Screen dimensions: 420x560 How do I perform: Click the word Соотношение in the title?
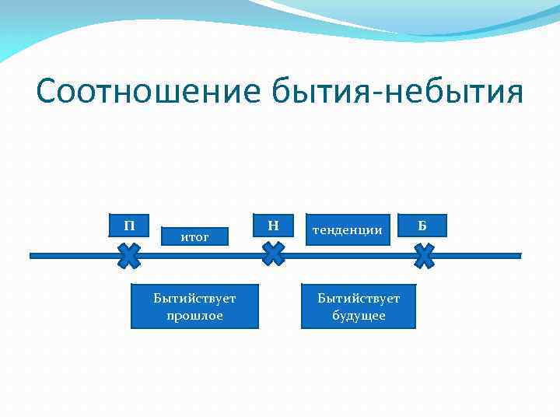pos(148,91)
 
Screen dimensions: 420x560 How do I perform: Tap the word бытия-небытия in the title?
pos(396,91)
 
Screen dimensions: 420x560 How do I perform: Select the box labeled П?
pos(129,226)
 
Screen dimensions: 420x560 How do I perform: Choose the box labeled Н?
pos(273,226)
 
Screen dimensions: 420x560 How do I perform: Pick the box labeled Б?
pos(422,226)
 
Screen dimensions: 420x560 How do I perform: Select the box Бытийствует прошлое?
pos(194,306)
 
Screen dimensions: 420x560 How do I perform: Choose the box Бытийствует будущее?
pos(359,306)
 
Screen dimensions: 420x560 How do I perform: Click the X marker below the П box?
pos(129,255)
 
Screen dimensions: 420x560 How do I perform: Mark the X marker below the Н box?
pos(273,254)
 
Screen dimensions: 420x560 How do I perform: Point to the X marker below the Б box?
pos(424,255)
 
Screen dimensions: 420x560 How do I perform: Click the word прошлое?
pos(194,315)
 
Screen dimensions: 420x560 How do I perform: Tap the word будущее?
pos(359,315)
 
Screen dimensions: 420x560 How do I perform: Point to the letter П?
pos(129,226)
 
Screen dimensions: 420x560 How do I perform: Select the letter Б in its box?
pos(422,226)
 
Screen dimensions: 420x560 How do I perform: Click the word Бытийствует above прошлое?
pos(194,298)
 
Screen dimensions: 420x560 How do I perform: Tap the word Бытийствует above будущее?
pos(359,298)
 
